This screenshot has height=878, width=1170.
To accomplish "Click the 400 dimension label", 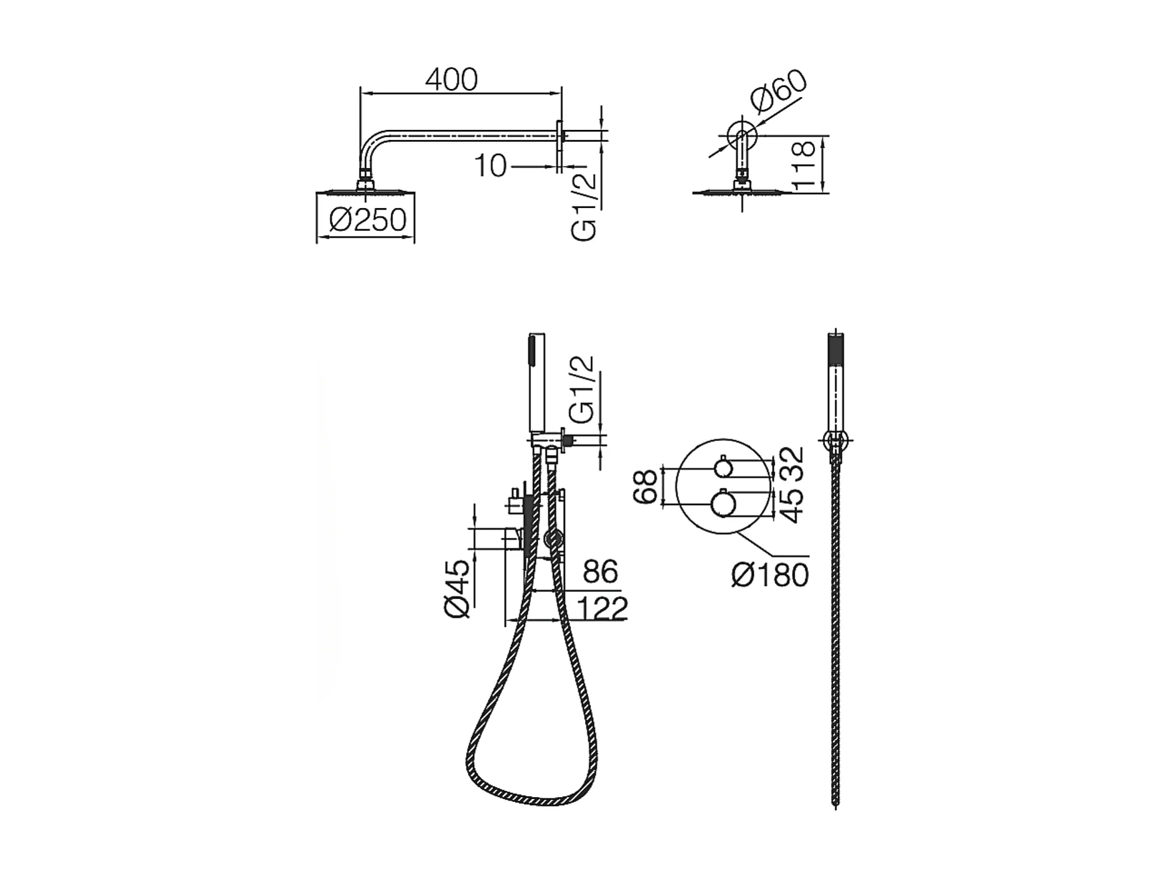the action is (452, 80).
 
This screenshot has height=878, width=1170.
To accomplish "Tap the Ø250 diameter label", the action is (368, 219).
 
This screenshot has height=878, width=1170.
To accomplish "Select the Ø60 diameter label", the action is (778, 90).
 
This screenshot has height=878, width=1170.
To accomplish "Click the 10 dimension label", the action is (491, 166).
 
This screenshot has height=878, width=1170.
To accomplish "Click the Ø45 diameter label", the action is (459, 588).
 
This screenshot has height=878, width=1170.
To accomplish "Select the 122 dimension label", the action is (602, 608).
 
